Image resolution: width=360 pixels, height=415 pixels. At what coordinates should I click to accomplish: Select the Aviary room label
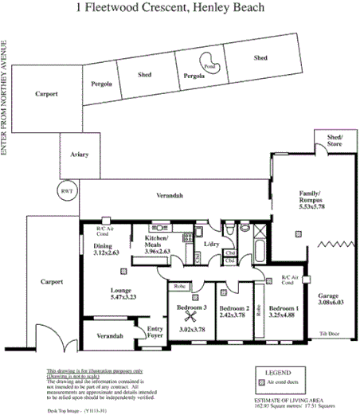tap(79, 155)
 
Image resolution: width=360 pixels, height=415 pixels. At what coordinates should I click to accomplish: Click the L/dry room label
tap(211, 244)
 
